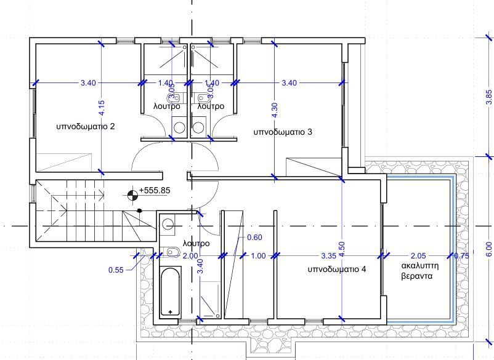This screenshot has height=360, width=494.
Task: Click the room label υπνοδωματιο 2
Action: tap(86, 127)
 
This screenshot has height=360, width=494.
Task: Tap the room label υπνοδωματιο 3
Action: tap(283, 132)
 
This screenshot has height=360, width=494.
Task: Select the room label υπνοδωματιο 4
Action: tap(337, 270)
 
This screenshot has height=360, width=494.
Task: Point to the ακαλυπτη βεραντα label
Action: tap(420, 271)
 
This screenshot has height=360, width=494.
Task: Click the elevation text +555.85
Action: tap(155, 190)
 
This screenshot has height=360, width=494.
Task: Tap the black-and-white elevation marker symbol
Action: tap(132, 196)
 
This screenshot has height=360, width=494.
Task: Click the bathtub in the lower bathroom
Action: tap(170, 292)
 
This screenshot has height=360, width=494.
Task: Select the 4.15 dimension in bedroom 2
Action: tap(101, 108)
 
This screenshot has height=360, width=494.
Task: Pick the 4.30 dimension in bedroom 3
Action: tap(274, 110)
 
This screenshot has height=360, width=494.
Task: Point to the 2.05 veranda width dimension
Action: tap(418, 256)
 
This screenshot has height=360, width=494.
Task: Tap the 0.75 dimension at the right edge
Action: tap(461, 256)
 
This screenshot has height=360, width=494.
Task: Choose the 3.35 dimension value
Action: tap(328, 256)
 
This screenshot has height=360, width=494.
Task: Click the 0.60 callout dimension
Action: tap(254, 238)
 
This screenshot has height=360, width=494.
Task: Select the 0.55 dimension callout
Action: tap(116, 270)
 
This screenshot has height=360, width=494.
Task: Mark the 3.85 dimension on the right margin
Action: tap(488, 97)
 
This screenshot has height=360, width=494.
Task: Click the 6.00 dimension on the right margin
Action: tap(488, 250)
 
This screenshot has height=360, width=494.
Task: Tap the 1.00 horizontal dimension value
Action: tap(258, 256)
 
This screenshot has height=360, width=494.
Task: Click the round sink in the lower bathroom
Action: tap(168, 225)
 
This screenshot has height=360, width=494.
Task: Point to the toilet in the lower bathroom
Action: tap(170, 252)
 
